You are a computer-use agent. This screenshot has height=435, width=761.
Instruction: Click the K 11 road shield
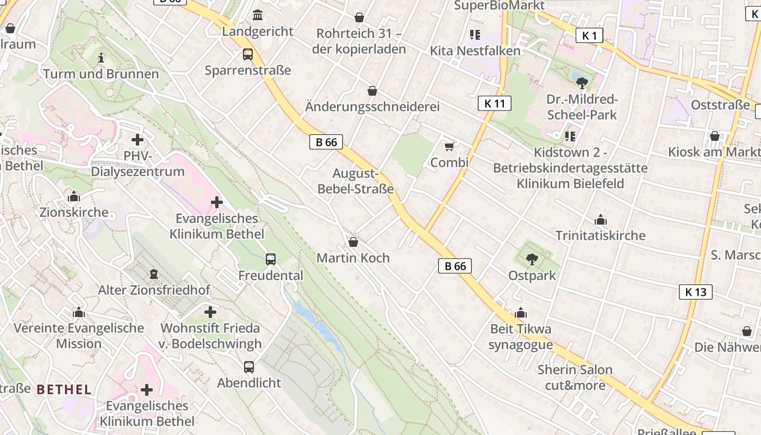(x=495, y=103)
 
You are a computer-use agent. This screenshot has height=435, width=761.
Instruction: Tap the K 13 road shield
(x=696, y=292)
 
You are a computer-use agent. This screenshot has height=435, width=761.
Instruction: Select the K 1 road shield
(x=589, y=36)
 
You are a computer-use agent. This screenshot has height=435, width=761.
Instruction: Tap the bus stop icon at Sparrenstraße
(x=248, y=54)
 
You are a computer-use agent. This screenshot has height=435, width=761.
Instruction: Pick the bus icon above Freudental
(x=271, y=259)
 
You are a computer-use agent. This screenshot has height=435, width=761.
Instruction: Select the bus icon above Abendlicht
(x=249, y=367)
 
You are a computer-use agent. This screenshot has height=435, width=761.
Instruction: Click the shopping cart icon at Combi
(x=449, y=147)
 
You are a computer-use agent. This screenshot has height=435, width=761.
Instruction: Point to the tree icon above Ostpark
(x=532, y=259)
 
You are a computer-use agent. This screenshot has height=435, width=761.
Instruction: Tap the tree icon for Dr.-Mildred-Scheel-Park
(x=582, y=83)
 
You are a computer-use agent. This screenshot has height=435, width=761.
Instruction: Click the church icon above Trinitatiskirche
(x=601, y=220)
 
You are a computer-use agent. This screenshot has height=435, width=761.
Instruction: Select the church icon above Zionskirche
(x=74, y=197)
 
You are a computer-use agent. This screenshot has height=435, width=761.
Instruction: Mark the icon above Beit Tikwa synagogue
(x=521, y=314)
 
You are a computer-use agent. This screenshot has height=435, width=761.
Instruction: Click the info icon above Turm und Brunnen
(x=101, y=58)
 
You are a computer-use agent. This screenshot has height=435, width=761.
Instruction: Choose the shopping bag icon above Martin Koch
(x=353, y=242)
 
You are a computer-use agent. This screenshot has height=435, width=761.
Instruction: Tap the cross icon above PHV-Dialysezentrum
(x=138, y=140)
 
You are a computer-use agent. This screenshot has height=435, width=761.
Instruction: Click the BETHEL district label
(x=64, y=389)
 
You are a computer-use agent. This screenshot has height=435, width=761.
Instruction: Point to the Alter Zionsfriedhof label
(x=154, y=290)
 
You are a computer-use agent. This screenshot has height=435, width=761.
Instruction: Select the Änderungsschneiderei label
(x=372, y=107)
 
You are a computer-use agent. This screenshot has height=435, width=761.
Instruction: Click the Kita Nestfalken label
(x=475, y=51)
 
